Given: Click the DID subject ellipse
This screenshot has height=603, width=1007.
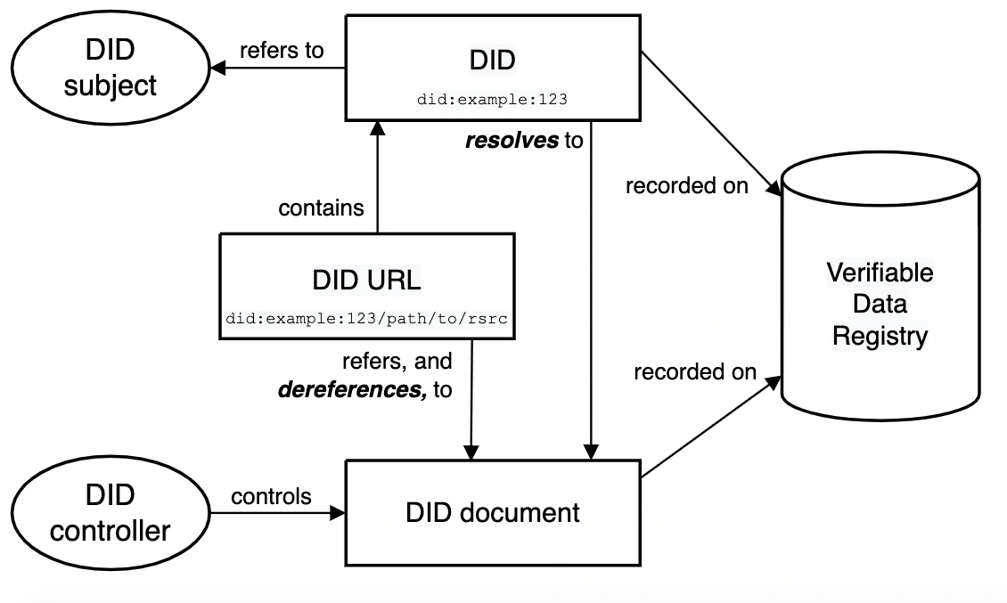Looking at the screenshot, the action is [x=111, y=68].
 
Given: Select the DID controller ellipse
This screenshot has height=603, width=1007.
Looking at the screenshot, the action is [x=111, y=513].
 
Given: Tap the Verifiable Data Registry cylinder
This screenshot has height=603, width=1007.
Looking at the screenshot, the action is [x=880, y=287].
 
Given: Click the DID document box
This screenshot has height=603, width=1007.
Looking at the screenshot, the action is [x=493, y=513].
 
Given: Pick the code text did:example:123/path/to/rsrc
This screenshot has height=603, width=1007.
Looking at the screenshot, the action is [x=366, y=319].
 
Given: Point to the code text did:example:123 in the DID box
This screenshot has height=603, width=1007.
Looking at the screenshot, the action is [x=493, y=100].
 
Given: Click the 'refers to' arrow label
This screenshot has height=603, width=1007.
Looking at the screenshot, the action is [x=282, y=50].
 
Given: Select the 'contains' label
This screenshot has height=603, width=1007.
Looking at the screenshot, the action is [x=321, y=208].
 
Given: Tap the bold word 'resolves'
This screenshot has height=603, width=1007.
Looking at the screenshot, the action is [x=512, y=140].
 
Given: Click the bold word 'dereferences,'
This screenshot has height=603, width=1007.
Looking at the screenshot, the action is [x=352, y=389].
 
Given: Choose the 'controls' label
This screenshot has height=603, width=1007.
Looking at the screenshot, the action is [x=271, y=496].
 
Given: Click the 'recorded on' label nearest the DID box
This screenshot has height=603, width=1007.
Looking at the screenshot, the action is [x=686, y=185].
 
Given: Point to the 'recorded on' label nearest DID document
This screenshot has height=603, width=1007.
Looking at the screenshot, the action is [x=695, y=371].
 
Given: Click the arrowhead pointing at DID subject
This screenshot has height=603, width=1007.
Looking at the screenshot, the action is [x=217, y=68].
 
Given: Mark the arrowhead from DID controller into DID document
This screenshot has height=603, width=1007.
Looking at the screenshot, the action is [x=337, y=513].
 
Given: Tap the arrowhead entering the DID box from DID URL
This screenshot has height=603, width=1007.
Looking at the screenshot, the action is [x=378, y=127].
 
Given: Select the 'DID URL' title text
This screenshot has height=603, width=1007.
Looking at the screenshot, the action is [x=366, y=280].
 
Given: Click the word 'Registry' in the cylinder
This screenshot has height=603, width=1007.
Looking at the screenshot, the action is [x=880, y=336].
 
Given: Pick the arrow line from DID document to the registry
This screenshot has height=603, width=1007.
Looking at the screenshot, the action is [x=711, y=427].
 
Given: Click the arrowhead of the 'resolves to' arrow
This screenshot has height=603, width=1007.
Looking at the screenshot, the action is [x=591, y=452].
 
